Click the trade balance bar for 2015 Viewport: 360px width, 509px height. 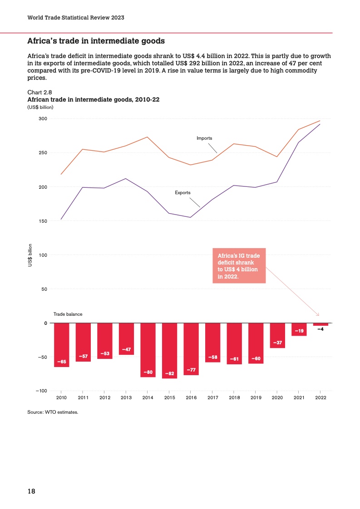(x=169, y=350)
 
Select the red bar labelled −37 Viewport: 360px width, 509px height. (x=277, y=335)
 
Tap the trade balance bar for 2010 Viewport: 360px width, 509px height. (x=61, y=345)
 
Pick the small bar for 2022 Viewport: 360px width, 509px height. (x=321, y=324)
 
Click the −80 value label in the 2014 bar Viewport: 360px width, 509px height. (x=148, y=372)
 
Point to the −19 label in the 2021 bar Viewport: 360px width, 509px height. (x=299, y=331)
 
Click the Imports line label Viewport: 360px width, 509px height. (x=204, y=138)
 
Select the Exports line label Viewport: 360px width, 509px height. (x=182, y=193)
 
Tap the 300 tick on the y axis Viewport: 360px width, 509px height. (x=43, y=119)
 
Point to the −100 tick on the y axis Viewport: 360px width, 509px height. (x=41, y=391)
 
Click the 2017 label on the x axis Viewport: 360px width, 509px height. (x=212, y=398)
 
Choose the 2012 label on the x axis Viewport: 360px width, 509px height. (x=104, y=398)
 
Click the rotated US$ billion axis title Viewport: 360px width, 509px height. (x=30, y=255)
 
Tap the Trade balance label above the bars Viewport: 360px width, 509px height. (x=68, y=314)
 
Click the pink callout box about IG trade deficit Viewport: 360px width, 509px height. (x=239, y=265)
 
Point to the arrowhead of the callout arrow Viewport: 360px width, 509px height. (x=318, y=314)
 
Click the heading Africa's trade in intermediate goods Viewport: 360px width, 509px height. (x=96, y=41)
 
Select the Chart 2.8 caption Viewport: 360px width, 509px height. (x=40, y=92)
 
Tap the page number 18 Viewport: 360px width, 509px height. (x=31, y=491)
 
